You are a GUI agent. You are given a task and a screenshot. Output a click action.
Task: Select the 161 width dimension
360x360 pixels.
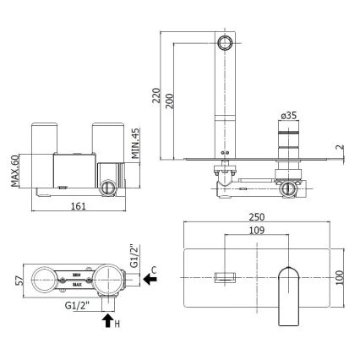78,205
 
